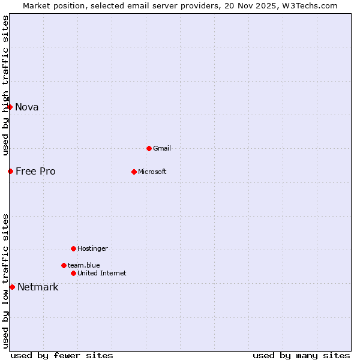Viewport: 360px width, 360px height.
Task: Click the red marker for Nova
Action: tap(10, 107)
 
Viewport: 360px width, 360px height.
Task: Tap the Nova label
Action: tap(27, 107)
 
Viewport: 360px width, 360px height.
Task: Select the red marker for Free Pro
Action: tap(10, 172)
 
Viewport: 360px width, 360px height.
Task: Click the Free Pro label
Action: tap(35, 172)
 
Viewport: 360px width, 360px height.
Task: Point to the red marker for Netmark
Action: tap(12, 287)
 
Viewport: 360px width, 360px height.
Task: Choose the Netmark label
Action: tap(38, 287)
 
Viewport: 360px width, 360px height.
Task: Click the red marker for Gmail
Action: tap(149, 148)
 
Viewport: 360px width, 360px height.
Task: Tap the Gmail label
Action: tap(162, 149)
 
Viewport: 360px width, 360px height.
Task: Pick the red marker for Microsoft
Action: tap(134, 172)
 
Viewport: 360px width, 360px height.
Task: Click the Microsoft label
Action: tap(152, 172)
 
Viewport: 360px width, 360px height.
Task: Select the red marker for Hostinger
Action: tap(73, 248)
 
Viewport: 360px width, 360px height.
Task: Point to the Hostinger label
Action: tap(92, 249)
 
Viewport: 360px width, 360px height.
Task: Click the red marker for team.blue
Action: tap(64, 265)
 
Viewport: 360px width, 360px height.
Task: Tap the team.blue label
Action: tap(84, 265)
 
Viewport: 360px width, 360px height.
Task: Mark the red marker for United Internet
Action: tap(73, 274)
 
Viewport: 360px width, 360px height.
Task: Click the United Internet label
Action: tap(102, 274)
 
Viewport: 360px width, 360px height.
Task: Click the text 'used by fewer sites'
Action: tap(62, 356)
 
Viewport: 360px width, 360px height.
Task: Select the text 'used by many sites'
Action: tap(301, 356)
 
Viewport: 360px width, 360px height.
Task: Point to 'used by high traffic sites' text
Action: tap(6, 85)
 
